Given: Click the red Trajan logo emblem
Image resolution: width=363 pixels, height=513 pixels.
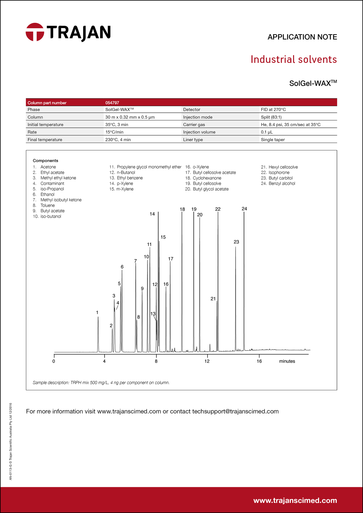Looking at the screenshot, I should click(x=35, y=32).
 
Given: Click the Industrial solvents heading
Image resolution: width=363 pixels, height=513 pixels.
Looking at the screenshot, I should click(x=294, y=60).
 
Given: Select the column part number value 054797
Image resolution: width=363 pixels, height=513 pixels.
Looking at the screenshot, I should click(x=112, y=103).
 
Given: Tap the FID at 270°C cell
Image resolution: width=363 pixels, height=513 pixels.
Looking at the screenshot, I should click(x=273, y=110).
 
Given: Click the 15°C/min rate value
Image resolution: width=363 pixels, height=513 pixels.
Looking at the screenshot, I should click(x=114, y=132).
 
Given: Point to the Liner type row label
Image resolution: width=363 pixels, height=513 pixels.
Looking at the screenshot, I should click(x=193, y=140).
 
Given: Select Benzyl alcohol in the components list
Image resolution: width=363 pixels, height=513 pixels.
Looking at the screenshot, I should click(x=282, y=184).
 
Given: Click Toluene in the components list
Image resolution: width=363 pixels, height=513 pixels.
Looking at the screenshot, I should click(x=48, y=205).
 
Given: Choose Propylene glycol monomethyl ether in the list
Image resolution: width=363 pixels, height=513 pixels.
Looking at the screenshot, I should click(x=149, y=167).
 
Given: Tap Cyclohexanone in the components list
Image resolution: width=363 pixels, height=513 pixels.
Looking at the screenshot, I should click(x=207, y=178).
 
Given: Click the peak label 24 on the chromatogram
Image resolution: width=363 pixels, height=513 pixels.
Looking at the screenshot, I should click(x=244, y=209).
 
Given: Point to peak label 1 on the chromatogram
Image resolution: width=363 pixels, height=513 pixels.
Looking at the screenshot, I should click(x=97, y=312).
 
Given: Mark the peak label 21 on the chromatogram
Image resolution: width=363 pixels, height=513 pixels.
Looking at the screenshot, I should click(x=213, y=299).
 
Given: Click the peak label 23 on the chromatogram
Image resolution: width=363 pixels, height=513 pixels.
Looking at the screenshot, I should click(x=236, y=242).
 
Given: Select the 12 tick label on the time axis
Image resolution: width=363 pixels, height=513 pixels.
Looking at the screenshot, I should click(x=207, y=361).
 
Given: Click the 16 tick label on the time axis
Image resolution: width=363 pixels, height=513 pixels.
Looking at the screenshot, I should click(x=259, y=361).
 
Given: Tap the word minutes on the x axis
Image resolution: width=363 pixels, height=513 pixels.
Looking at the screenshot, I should click(x=287, y=361).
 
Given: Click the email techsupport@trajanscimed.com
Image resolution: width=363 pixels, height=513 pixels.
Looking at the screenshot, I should click(x=235, y=411).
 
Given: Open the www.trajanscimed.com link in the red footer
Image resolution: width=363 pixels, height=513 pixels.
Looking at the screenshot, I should click(x=295, y=500).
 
